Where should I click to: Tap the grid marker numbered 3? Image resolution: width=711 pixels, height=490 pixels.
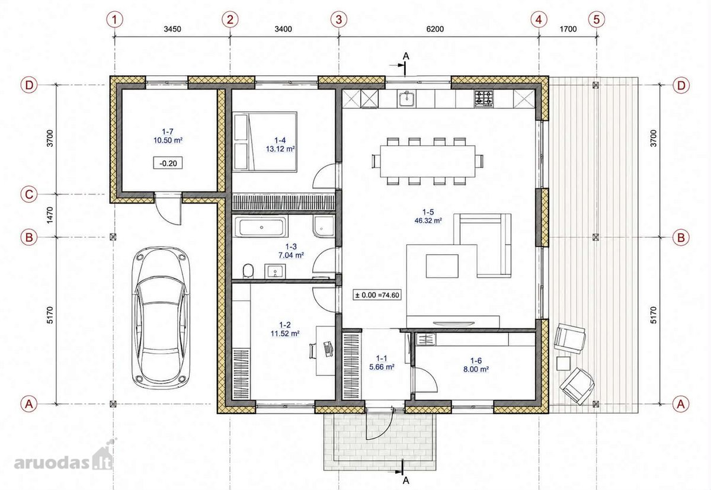point(339,20)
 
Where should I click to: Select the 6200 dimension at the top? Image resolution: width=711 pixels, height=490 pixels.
point(435,29)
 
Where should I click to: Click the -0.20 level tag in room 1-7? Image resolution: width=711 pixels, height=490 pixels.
point(168,164)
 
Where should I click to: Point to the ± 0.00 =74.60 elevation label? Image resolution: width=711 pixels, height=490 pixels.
point(377,295)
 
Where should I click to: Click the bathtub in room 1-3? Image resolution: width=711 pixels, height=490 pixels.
point(261,226)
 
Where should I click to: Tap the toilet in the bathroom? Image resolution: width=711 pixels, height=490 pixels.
point(248,271)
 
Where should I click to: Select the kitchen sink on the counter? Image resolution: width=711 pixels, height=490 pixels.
point(406,99)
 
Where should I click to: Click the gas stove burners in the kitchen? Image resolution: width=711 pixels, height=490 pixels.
point(483,99)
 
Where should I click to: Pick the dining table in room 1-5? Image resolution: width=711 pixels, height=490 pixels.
point(428,161)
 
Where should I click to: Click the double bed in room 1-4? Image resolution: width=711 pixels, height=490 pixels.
point(265,142)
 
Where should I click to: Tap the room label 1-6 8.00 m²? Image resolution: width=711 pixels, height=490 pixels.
point(476,365)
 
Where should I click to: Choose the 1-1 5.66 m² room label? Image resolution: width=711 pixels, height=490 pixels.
point(382,363)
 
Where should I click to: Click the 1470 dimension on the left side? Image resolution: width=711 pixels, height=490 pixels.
point(50,215)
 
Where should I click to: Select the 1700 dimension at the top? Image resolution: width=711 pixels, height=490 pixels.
point(568,29)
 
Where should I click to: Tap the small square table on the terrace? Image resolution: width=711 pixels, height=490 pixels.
point(563,363)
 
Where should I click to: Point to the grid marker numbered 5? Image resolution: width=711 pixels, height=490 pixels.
point(597,20)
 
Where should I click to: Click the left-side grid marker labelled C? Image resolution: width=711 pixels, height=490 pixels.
point(29,194)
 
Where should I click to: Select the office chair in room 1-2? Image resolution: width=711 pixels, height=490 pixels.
point(313,351)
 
